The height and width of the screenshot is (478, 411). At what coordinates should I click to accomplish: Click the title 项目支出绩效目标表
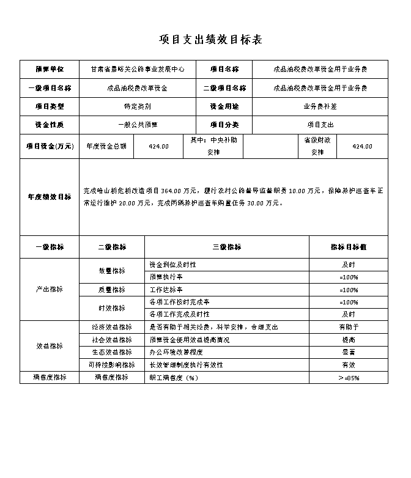click(210, 40)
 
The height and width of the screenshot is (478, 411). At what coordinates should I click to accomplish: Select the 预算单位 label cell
click(50, 70)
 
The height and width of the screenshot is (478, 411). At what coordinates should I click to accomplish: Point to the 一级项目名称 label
click(50, 88)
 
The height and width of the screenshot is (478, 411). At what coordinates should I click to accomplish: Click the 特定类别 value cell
click(137, 106)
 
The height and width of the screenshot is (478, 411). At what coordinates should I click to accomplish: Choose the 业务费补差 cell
click(319, 106)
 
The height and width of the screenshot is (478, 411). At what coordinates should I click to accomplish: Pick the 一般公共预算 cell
click(137, 125)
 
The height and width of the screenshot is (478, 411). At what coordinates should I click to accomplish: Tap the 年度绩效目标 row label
click(50, 197)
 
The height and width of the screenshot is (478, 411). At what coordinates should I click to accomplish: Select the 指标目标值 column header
click(349, 247)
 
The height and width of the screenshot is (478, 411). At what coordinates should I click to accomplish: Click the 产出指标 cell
click(50, 289)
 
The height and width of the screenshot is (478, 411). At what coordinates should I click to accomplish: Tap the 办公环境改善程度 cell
click(174, 352)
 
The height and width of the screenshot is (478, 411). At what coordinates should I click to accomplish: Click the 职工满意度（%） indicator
click(174, 378)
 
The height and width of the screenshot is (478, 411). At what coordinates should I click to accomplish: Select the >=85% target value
click(349, 378)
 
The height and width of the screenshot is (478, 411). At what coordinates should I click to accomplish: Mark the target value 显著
click(349, 352)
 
